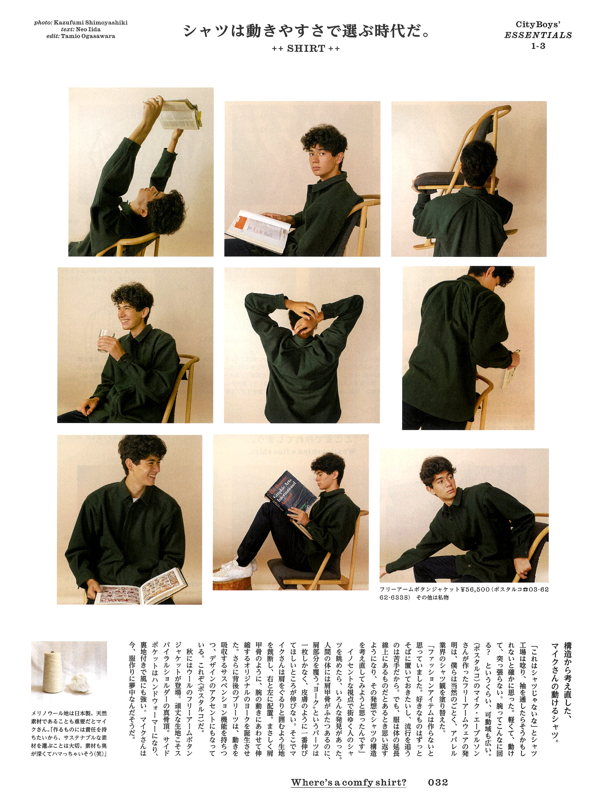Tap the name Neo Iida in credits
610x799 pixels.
coord(88,29)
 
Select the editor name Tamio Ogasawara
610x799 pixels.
coord(88,36)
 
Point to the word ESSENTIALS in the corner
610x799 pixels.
coord(538,35)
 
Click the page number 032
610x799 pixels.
coord(438,782)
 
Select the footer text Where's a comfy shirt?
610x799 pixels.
coord(349,782)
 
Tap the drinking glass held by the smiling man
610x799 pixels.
coord(106,340)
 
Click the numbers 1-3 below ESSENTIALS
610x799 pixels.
coord(538,46)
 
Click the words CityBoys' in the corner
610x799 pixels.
coord(538,24)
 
